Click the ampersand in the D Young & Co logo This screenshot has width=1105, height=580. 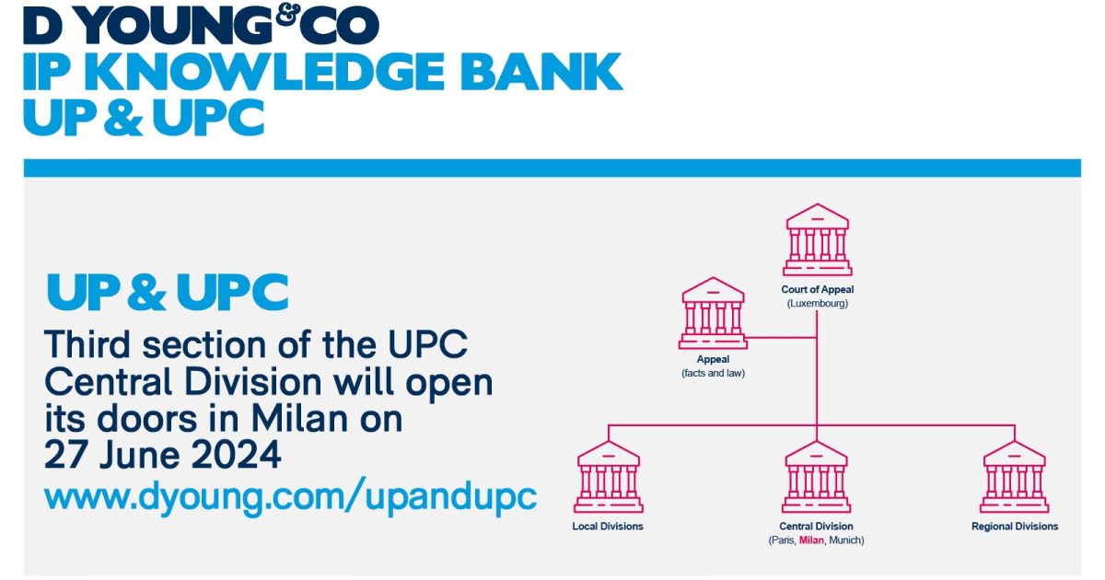[x=287, y=17]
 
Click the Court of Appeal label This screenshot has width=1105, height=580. [x=817, y=290]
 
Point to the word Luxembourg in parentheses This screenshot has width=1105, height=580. [x=817, y=303]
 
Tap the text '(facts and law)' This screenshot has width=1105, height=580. [x=713, y=373]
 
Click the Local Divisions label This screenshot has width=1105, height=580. [x=608, y=527]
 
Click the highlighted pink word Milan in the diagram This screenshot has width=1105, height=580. [x=812, y=540]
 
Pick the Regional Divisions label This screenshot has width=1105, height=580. [x=1015, y=527]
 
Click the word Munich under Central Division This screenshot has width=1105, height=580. [x=845, y=540]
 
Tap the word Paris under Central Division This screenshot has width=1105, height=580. [x=783, y=540]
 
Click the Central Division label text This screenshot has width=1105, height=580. [x=817, y=527]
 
